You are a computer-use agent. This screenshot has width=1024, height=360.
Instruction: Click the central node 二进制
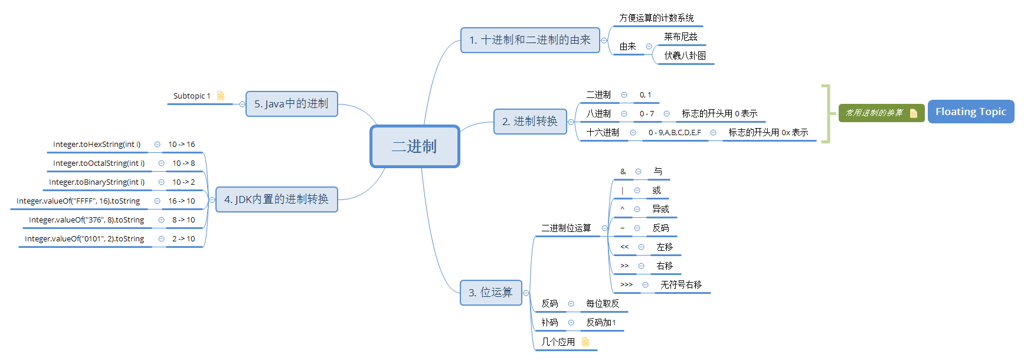414,146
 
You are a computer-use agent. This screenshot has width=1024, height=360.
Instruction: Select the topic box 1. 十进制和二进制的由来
529,40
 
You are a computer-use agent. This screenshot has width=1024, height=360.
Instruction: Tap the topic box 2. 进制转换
529,122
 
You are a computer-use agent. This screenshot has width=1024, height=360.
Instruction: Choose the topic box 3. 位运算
490,293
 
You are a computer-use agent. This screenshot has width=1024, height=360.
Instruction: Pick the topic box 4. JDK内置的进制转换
276,199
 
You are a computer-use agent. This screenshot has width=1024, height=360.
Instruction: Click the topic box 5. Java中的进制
291,104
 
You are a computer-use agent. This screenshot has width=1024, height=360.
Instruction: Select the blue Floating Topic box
970,112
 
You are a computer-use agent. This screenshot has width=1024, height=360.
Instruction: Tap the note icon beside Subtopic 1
221,96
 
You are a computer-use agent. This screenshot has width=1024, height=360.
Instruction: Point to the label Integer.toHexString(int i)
97,145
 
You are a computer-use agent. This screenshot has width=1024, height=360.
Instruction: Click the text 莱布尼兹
681,37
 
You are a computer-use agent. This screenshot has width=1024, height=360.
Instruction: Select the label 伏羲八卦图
685,55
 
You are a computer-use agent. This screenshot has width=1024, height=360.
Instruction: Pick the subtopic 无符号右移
681,284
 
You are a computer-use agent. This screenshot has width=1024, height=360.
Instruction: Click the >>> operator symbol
626,284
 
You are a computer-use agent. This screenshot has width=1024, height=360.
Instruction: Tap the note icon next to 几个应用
585,342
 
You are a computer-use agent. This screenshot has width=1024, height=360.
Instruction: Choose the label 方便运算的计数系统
656,18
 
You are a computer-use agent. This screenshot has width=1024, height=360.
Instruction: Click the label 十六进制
603,133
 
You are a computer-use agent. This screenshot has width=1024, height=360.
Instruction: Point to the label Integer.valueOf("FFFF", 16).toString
78,201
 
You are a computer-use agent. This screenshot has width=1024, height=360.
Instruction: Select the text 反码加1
601,323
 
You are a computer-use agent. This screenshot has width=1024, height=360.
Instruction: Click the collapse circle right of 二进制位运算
604,228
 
